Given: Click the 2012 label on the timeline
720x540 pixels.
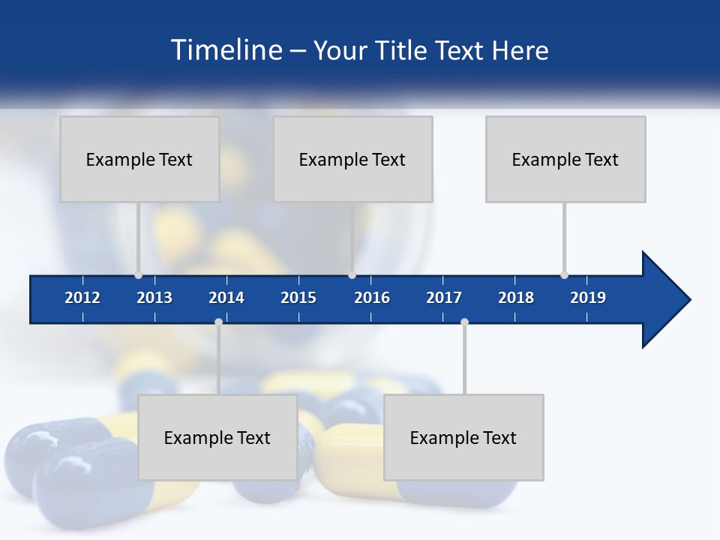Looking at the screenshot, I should coord(82,298).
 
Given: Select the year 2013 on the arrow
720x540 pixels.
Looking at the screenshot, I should coord(154,298).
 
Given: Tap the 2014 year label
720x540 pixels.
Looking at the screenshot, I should coord(226,298).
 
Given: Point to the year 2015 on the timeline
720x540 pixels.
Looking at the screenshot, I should coord(298,298).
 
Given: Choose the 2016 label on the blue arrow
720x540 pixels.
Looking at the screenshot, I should coord(372,298).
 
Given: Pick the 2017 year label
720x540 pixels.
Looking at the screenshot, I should coord(444,298).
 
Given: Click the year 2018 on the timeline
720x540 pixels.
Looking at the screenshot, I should coord(516,298).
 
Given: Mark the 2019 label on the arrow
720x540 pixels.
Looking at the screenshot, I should coord(588,298).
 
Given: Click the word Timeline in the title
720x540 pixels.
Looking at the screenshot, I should coord(226,50).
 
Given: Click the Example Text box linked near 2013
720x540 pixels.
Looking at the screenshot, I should coord(139,159).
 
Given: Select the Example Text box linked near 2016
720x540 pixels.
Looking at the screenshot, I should coord(352,159).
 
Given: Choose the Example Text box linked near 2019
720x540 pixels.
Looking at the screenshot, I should coord(565,159).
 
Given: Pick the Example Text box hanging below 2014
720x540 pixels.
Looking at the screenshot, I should coord(217,437).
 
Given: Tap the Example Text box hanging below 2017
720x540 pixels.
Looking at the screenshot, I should coord(463,437).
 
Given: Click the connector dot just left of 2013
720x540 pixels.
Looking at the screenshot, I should coord(138,274).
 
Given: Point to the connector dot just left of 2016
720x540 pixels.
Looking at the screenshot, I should coord(352,274).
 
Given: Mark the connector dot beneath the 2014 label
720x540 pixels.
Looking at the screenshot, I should coord(218,322).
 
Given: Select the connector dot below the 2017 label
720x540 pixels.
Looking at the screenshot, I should coord(464,322).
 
